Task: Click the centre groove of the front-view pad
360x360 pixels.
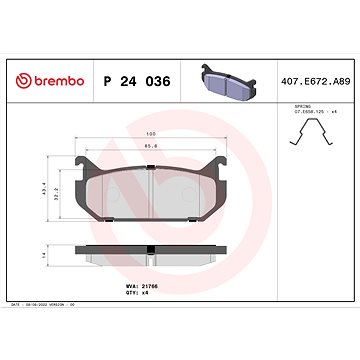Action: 150,191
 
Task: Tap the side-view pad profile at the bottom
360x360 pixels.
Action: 150,258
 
